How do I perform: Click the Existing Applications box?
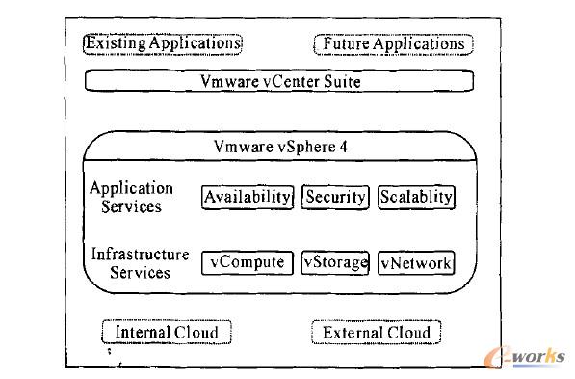[x=163, y=43]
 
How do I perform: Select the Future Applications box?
[x=393, y=44]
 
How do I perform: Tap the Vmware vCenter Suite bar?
[x=279, y=81]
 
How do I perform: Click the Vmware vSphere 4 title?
[x=279, y=148]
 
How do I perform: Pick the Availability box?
[x=247, y=197]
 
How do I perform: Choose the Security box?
[x=335, y=197]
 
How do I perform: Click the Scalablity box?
[x=415, y=197]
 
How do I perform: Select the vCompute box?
[x=247, y=261]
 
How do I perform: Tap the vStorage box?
[x=335, y=261]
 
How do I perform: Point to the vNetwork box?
[x=415, y=262]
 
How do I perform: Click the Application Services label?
[x=132, y=197]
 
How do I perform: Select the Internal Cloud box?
[x=167, y=333]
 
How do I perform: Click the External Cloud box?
[x=377, y=333]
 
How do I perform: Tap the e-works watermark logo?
[x=533, y=358]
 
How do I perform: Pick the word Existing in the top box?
[x=116, y=43]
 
